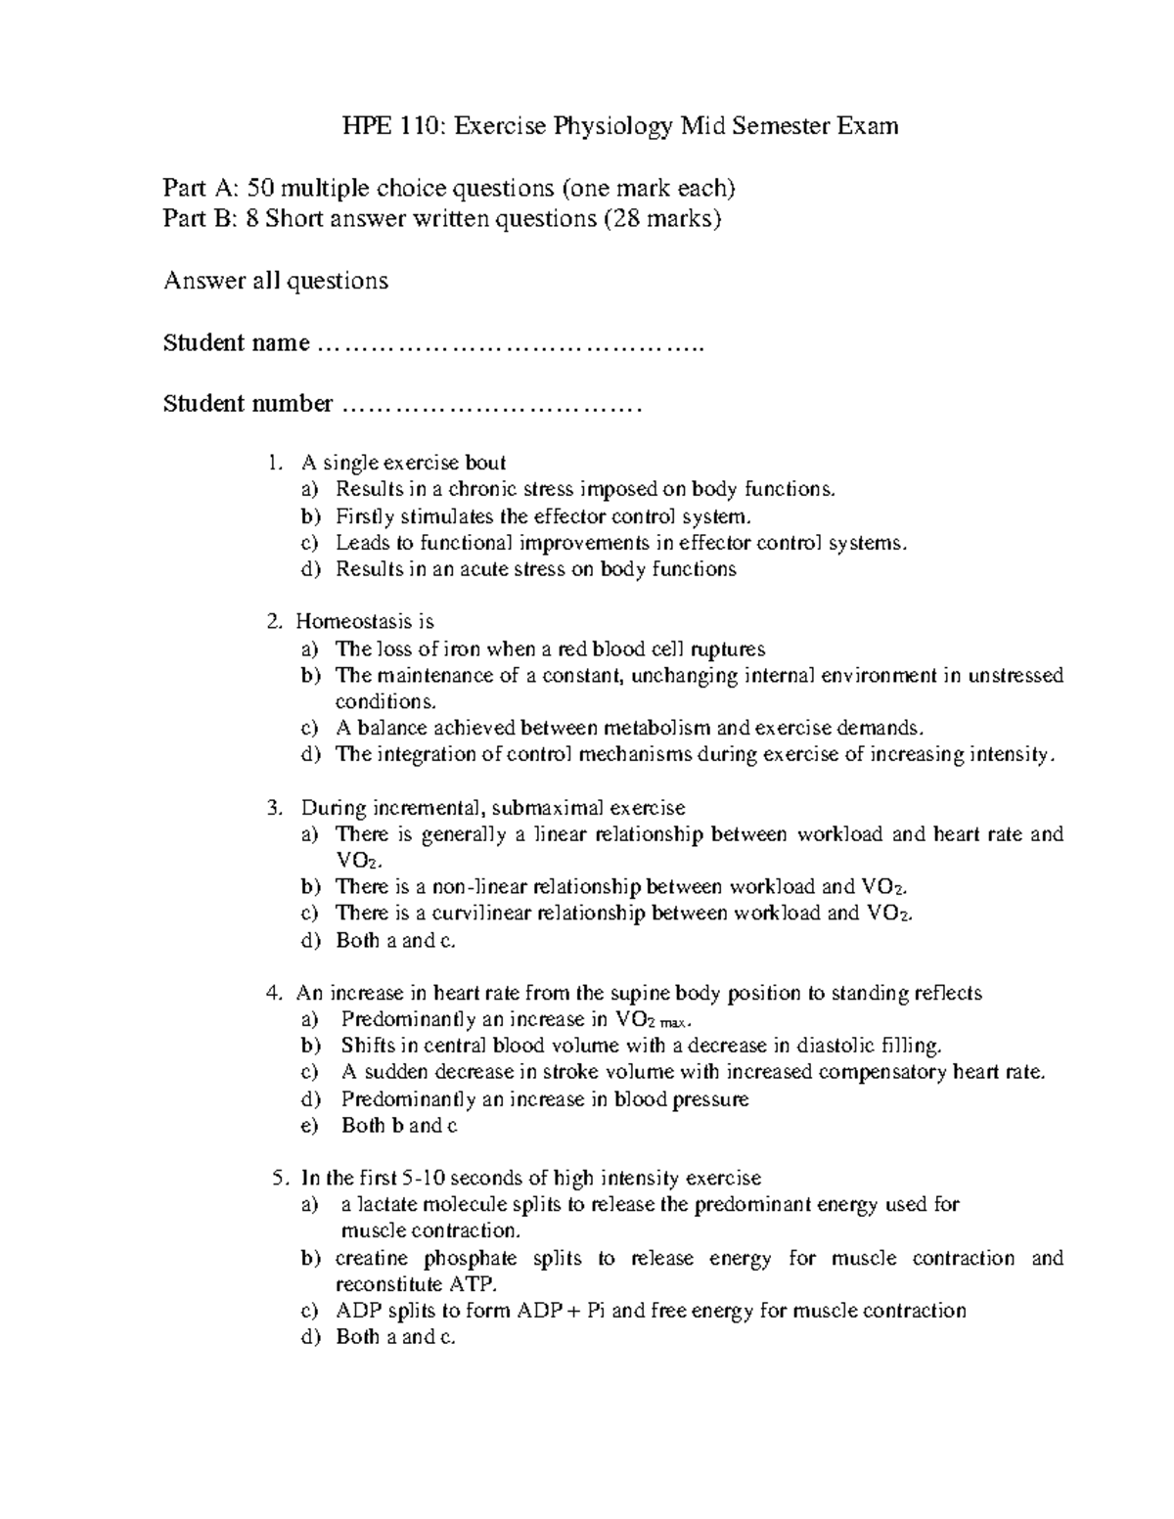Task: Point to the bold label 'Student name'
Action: coord(236,343)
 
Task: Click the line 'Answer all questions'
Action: coord(275,282)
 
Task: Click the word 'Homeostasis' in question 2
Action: coord(349,622)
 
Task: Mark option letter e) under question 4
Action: coord(309,1126)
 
